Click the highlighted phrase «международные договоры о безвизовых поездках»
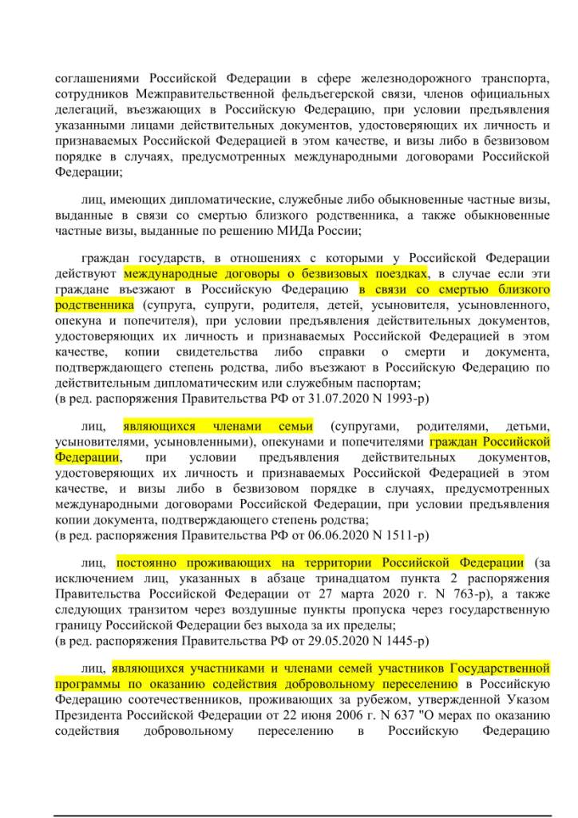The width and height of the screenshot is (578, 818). (x=276, y=273)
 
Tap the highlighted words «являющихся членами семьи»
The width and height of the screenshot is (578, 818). (x=218, y=426)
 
